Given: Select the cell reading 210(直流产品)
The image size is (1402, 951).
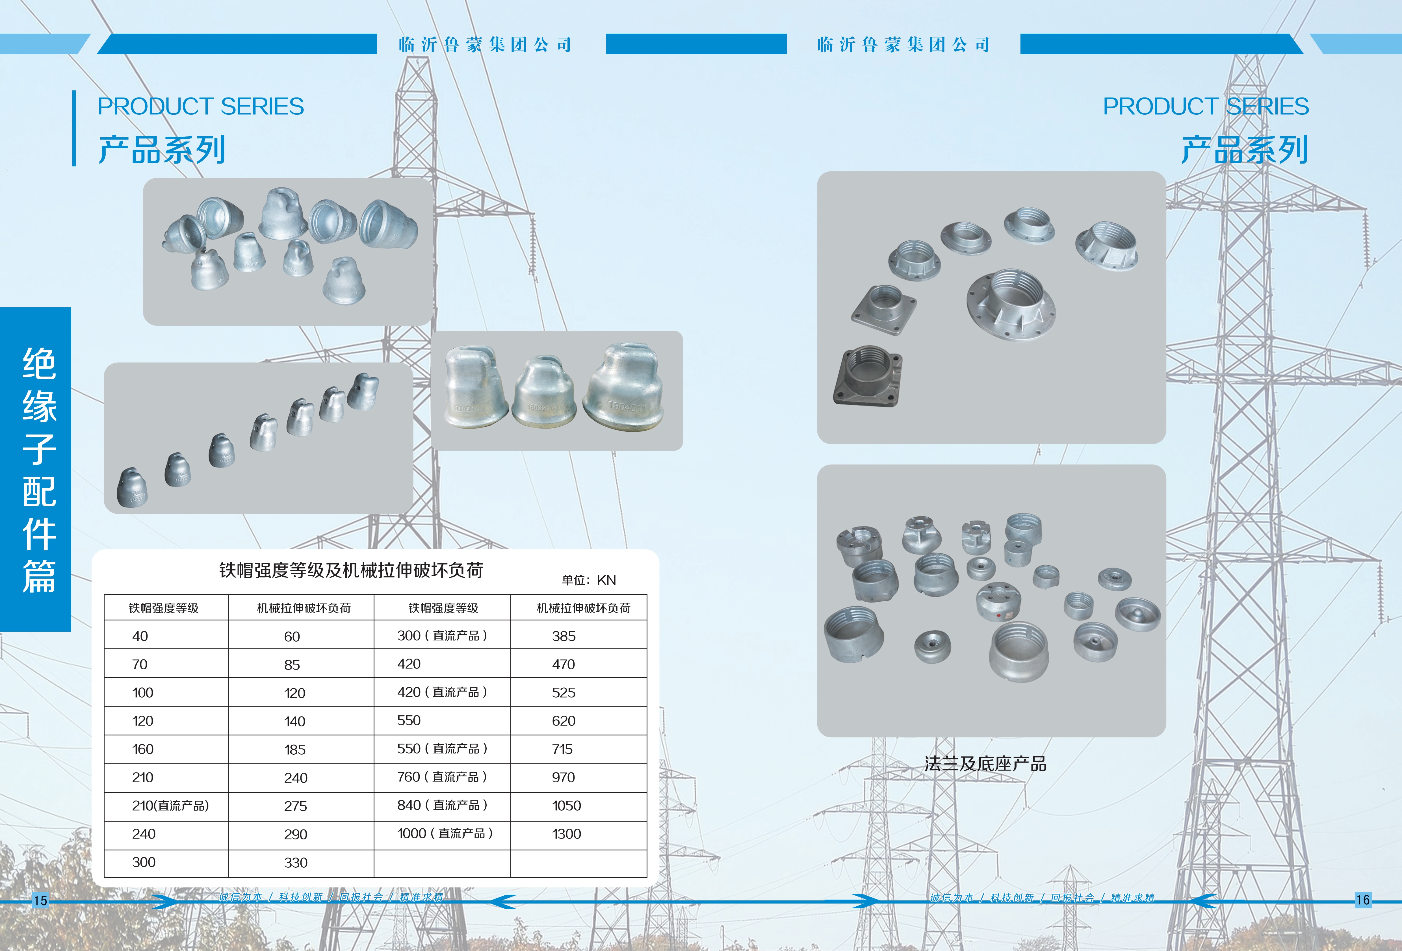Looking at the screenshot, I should [170, 806].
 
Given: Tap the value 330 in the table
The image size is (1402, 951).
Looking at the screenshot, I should [296, 863].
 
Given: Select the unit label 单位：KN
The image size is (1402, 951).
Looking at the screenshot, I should [589, 580].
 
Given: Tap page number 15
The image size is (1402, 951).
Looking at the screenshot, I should [40, 900].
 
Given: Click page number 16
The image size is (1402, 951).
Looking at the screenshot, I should [1363, 900].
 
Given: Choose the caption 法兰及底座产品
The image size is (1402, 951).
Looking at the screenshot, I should [985, 764].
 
